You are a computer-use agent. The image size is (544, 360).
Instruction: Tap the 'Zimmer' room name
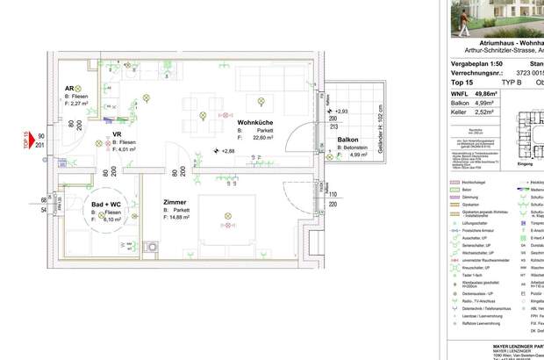[175, 202]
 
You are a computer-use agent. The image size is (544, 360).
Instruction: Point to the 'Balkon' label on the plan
[348, 140]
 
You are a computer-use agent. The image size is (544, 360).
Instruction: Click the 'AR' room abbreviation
[69, 89]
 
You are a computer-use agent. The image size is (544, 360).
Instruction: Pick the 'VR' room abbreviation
[117, 135]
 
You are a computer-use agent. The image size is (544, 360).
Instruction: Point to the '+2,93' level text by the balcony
[341, 112]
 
